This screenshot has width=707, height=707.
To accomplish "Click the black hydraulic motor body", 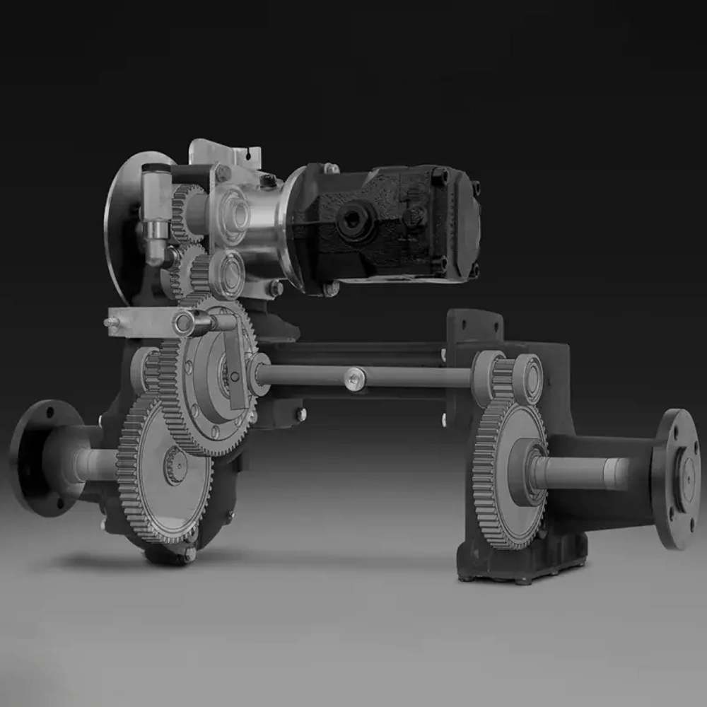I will point(396,219).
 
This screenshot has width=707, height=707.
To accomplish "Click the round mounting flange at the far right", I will point(677,478).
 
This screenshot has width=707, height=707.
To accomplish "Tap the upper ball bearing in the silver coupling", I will point(233,212).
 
